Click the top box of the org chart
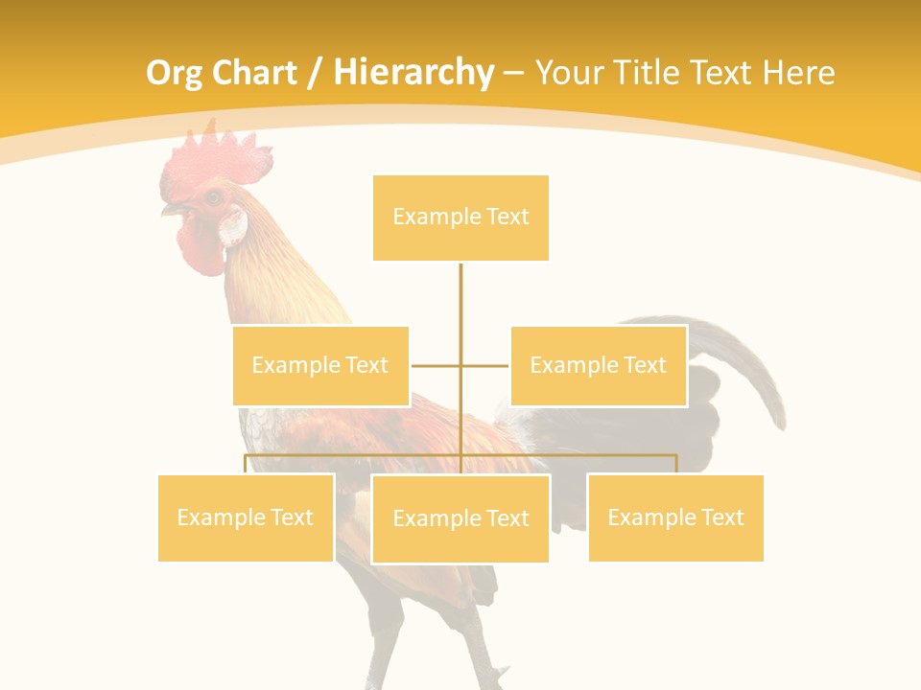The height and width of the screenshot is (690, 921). click(460, 218)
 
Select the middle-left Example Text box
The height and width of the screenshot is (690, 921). click(320, 365)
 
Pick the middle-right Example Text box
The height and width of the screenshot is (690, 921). click(598, 365)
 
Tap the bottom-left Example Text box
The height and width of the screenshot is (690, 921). click(246, 517)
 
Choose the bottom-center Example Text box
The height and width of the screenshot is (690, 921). click(460, 518)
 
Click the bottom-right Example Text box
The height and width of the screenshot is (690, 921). click(675, 517)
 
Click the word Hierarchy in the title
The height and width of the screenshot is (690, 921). click(413, 73)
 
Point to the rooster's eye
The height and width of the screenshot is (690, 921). click(213, 198)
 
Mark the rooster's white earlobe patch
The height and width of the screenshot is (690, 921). click(233, 227)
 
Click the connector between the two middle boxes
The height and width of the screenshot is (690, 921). click(460, 365)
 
